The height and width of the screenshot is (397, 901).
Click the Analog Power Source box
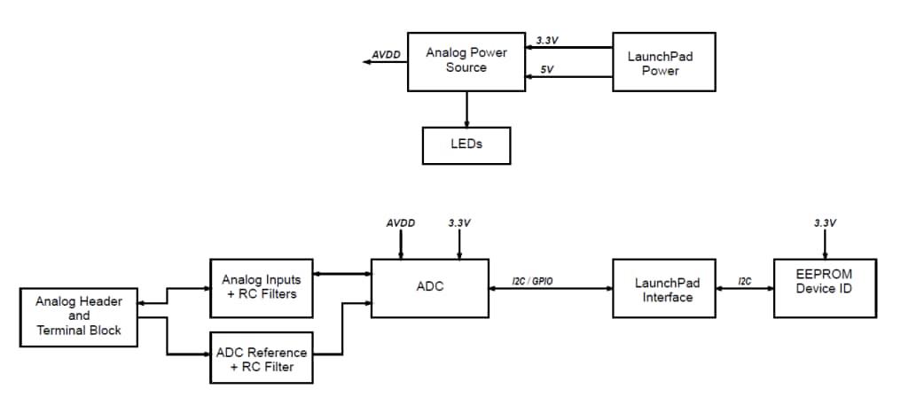point(466,59)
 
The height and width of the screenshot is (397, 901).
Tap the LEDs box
point(466,144)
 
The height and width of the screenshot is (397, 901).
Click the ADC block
point(429,287)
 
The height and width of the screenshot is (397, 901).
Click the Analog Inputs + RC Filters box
point(262,287)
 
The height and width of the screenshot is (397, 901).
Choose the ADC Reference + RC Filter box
point(262,359)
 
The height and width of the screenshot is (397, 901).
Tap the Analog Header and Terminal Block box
point(79,315)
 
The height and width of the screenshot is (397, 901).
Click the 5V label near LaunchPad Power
point(546,69)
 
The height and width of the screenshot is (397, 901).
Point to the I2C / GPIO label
point(534,280)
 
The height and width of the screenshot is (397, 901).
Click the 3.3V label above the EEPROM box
point(825,223)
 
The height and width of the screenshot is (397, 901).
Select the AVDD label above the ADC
point(401,223)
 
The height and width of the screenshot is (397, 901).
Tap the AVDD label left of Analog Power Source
point(386,54)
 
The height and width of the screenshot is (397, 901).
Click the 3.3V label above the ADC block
point(458,223)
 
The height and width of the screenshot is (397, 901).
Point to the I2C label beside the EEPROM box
point(745,280)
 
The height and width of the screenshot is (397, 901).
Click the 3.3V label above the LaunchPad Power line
point(548,40)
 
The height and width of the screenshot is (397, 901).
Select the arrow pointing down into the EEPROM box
point(825,245)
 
